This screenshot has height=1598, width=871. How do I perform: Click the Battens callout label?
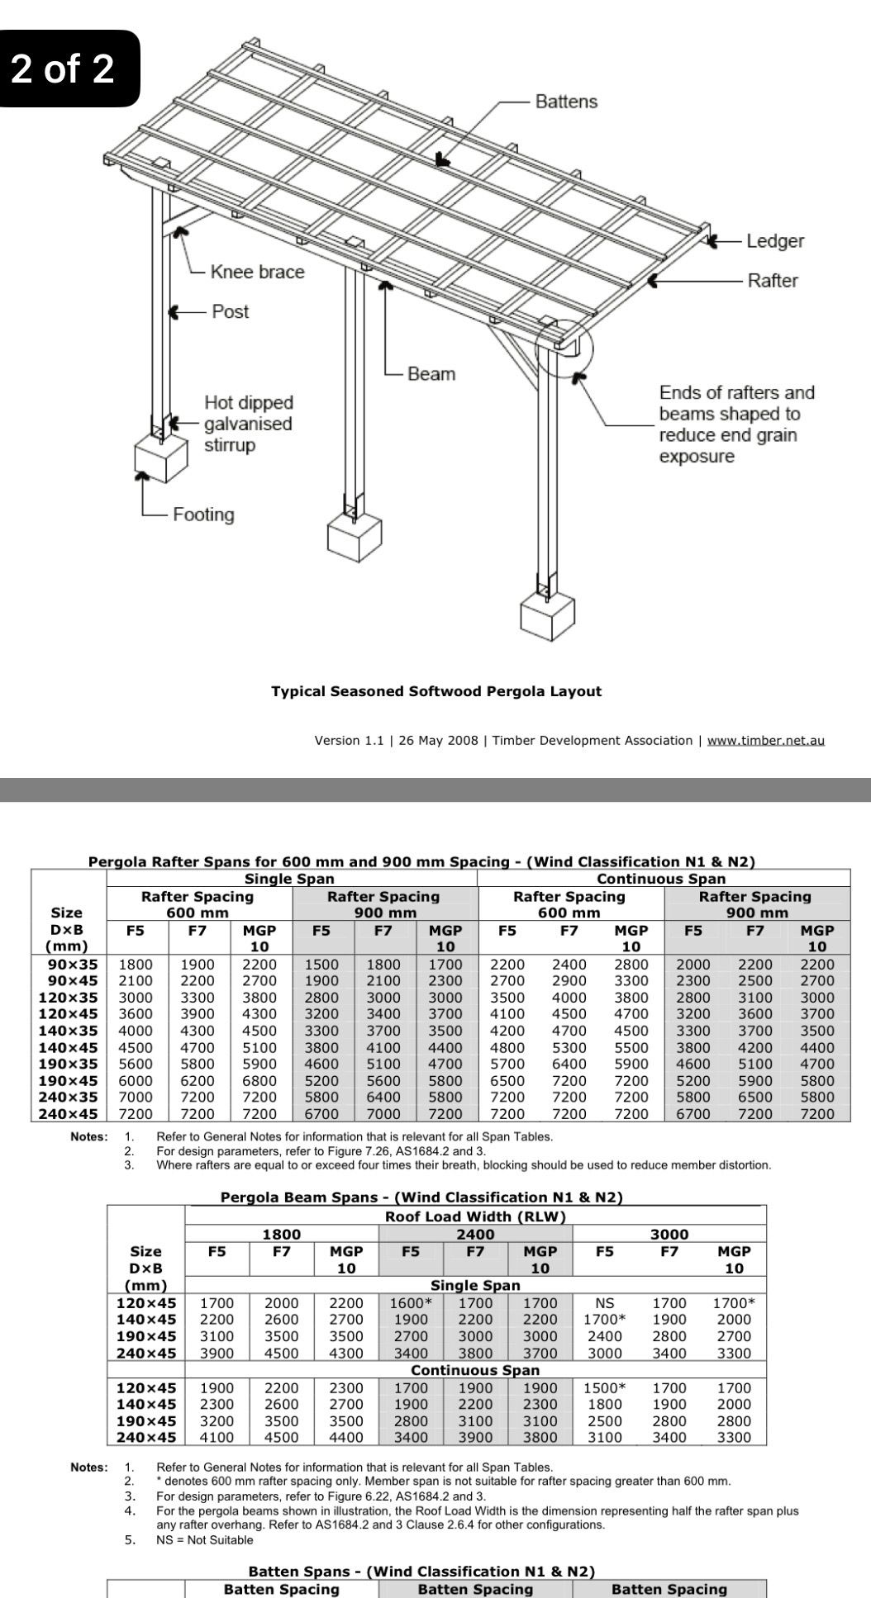(566, 102)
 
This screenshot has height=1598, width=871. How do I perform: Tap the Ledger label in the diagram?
(774, 241)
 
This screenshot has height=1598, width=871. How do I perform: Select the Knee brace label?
(257, 272)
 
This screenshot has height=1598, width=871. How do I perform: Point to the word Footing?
(203, 514)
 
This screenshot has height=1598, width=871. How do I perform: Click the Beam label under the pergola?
(431, 374)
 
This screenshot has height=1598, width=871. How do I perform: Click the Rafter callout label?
(773, 281)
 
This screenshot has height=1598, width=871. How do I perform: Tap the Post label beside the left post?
(230, 311)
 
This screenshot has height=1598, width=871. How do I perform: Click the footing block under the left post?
(158, 458)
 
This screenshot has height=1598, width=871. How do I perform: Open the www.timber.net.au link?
(765, 740)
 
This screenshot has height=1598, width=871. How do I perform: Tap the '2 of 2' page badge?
(63, 69)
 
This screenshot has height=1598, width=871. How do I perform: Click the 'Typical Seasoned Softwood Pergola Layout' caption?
(436, 691)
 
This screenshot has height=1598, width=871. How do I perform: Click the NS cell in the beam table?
(605, 1302)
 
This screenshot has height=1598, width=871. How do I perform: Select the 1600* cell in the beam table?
(411, 1302)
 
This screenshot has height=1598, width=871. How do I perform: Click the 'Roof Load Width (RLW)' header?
(475, 1216)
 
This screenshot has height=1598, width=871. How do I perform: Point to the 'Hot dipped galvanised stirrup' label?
(248, 424)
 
